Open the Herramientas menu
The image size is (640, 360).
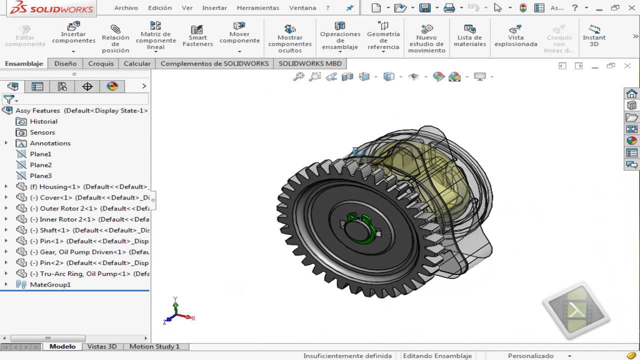258,8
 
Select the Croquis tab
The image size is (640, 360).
101,63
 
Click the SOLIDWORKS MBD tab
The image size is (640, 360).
310,63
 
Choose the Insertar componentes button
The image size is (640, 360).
73,34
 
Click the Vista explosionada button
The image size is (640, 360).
515,35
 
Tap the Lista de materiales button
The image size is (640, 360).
469,35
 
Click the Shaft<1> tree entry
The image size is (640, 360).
55,230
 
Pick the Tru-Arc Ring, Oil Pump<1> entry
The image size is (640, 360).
80,273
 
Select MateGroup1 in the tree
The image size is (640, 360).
50,284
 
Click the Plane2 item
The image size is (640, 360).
40,165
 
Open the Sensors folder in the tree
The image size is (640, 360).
42,132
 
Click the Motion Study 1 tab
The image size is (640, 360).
154,346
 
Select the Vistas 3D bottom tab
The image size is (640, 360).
102,346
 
